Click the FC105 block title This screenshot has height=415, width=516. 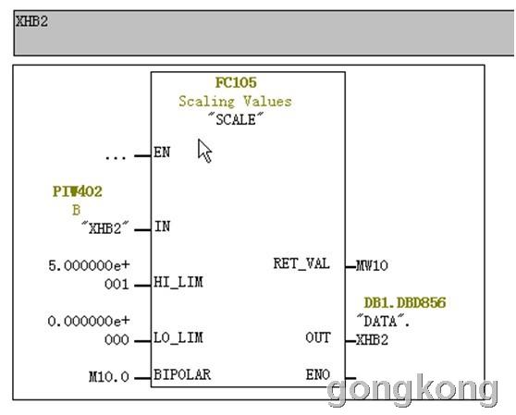[236, 82]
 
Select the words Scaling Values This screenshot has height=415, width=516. [235, 102]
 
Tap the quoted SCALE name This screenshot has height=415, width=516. [236, 119]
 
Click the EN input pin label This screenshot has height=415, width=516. [162, 153]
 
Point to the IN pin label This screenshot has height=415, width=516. [162, 226]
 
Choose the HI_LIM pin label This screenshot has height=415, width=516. [178, 282]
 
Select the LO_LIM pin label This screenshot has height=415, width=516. [178, 337]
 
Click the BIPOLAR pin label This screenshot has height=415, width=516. [182, 374]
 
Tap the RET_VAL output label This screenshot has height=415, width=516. [301, 263]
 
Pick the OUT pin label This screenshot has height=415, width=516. [318, 337]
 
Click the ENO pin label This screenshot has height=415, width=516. [318, 374]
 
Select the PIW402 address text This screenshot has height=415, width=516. [78, 191]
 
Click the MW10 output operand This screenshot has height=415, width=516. [372, 265]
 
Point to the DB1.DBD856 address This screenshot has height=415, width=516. [405, 303]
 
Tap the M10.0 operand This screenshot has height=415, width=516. [109, 377]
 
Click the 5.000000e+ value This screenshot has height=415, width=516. [89, 265]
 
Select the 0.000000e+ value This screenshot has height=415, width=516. [89, 321]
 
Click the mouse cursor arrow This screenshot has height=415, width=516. [204, 151]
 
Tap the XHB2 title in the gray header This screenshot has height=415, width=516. [32, 21]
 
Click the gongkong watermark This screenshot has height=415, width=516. [412, 390]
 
